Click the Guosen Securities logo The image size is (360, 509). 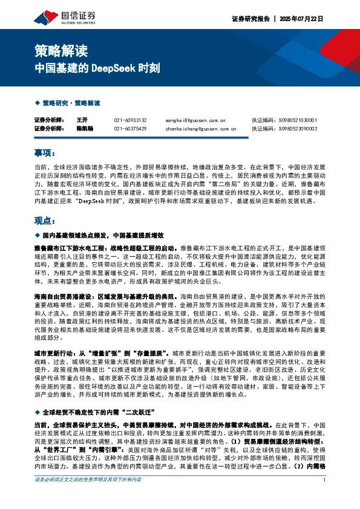[57, 16]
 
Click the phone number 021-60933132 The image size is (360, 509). [130, 120]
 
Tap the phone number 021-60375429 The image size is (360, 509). [130, 128]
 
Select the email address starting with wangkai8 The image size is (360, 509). [195, 120]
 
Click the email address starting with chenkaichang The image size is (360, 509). [200, 128]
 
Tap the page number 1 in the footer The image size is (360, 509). [325, 496]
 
